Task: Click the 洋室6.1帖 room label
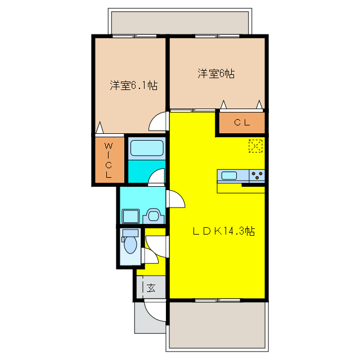tap(133, 85)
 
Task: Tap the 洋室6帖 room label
tap(215, 74)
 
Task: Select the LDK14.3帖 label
tap(224, 231)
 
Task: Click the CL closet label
tap(242, 123)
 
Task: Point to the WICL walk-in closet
tap(108, 160)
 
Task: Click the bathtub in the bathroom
tap(147, 148)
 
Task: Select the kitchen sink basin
tap(229, 175)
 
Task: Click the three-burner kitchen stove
tap(256, 175)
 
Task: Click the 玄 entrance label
tap(151, 288)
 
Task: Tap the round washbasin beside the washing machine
tap(152, 215)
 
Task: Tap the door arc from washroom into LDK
tap(176, 199)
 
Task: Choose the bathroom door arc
tap(157, 177)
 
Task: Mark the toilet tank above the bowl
tap(130, 233)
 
